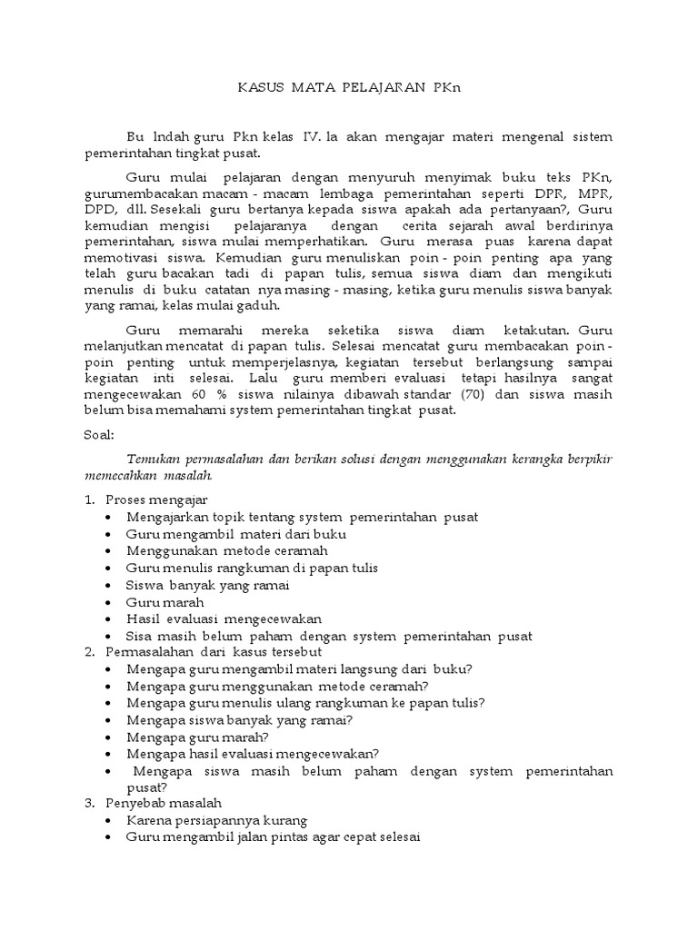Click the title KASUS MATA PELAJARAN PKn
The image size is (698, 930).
point(349,88)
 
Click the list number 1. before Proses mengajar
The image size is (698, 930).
point(89,500)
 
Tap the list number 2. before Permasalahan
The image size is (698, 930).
point(89,652)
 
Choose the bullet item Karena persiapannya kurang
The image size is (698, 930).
point(217,820)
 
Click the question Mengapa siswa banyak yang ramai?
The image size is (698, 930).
point(240,719)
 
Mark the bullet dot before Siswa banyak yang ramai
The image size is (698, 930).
point(109,585)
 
